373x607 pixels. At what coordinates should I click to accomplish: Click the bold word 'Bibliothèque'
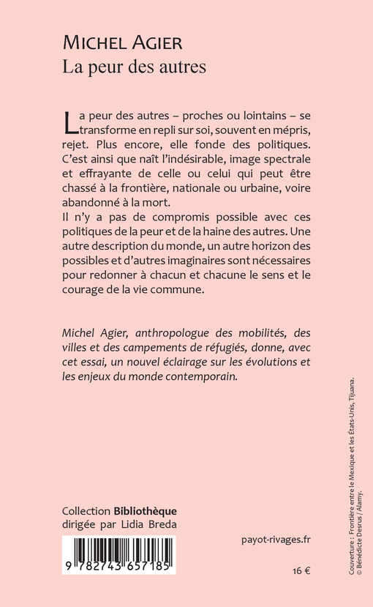tap(146, 511)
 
